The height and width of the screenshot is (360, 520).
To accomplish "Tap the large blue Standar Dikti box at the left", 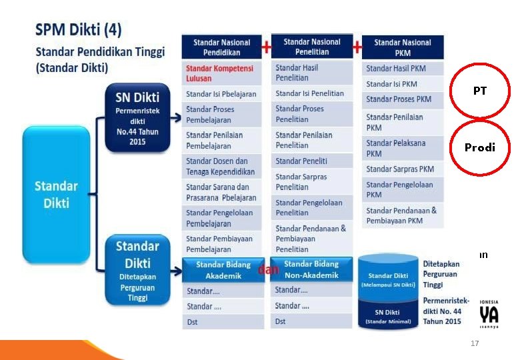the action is click(x=56, y=193).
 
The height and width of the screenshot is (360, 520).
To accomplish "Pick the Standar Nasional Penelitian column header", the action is click(x=311, y=46).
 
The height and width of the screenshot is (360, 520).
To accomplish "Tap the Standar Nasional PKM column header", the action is click(x=402, y=47).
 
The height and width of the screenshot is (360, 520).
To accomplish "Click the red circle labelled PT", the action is click(x=480, y=91).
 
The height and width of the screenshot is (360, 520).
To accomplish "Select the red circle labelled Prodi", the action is click(x=480, y=147).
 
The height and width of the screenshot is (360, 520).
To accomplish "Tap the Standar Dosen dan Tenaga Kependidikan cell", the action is click(x=221, y=166).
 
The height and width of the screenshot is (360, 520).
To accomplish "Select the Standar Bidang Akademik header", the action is click(x=223, y=270).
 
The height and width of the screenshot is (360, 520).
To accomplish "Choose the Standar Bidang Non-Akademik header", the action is click(x=311, y=269).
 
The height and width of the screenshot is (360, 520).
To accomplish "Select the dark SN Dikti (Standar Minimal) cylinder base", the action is click(x=389, y=315).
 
